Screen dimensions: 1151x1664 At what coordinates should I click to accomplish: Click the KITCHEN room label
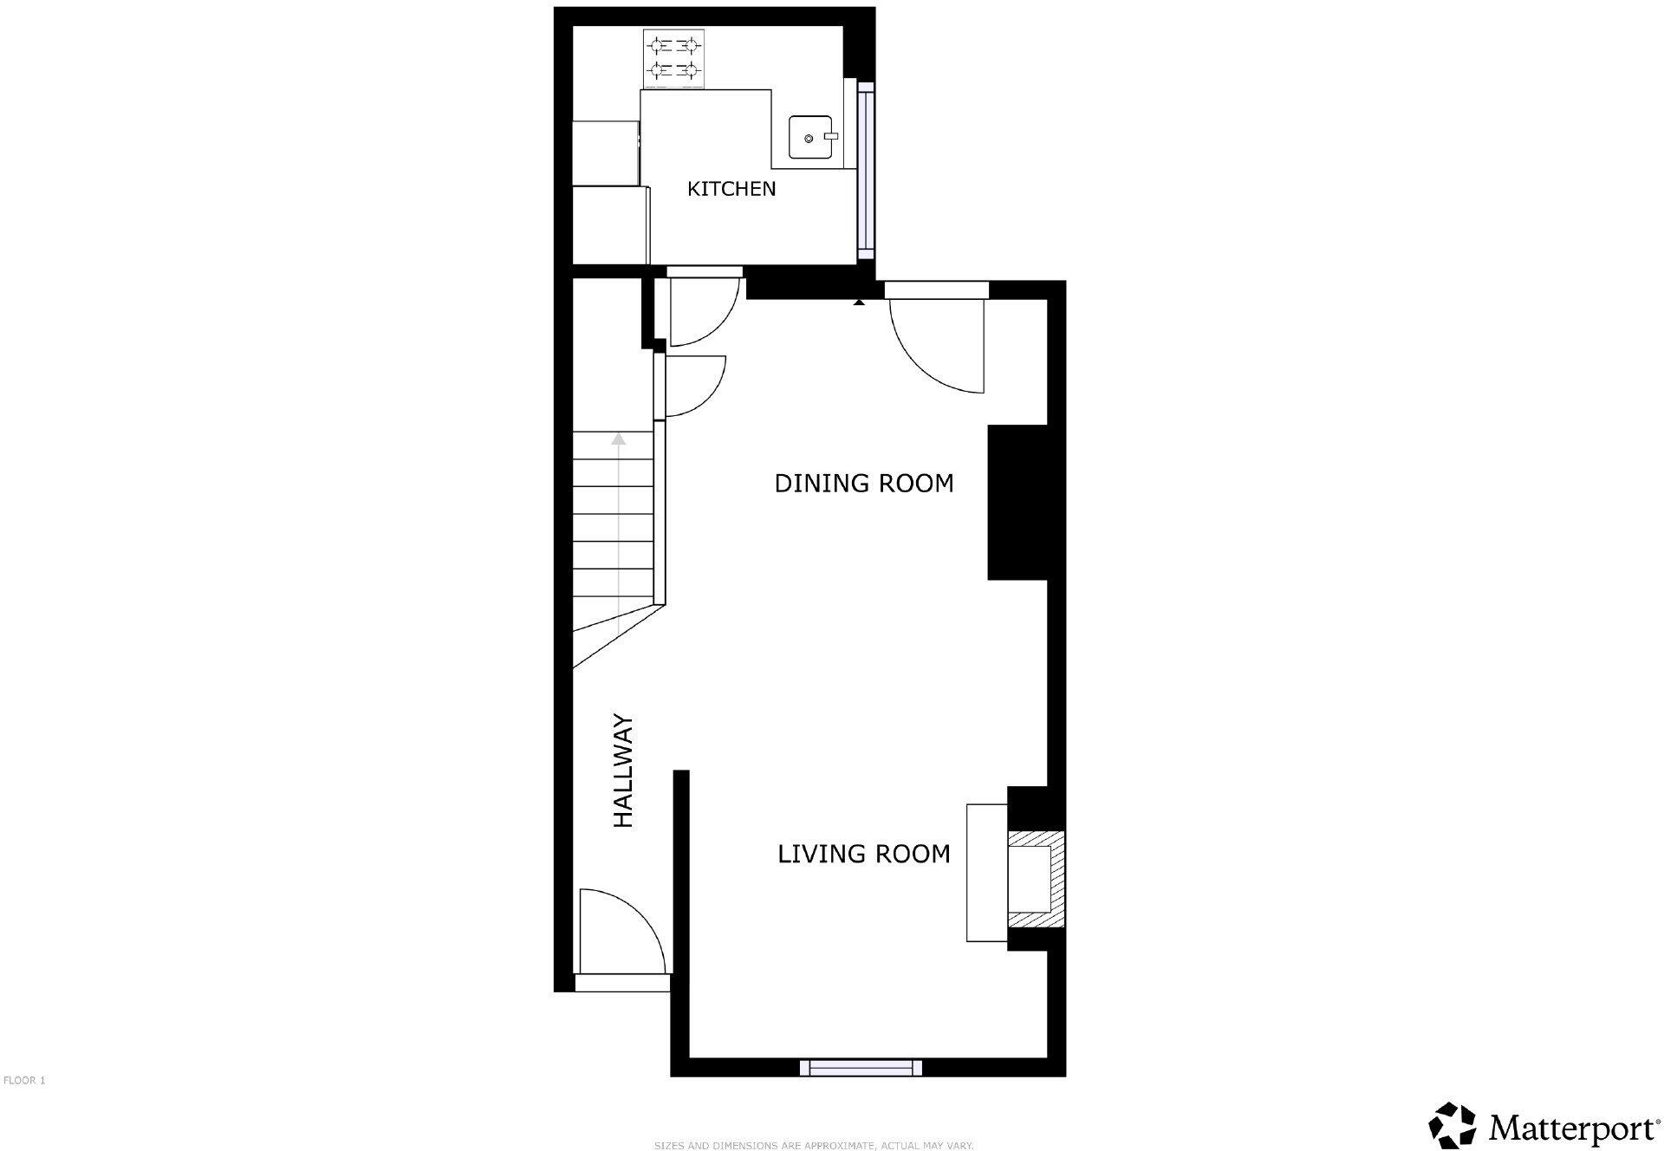pyautogui.click(x=731, y=189)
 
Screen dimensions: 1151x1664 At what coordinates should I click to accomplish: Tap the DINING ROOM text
pyautogui.click(x=863, y=484)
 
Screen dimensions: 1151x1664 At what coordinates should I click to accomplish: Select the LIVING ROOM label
pyautogui.click(x=863, y=855)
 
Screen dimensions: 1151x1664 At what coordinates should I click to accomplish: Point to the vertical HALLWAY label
pyautogui.click(x=624, y=771)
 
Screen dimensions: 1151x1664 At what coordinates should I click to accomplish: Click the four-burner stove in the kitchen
pyautogui.click(x=673, y=59)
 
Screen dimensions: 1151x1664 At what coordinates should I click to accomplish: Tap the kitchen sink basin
pyautogui.click(x=809, y=138)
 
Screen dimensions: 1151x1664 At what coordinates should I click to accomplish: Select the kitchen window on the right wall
pyautogui.click(x=866, y=168)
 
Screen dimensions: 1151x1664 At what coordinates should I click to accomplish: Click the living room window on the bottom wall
pyautogui.click(x=860, y=1068)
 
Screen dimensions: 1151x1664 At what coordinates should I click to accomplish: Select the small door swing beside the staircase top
pyautogui.click(x=694, y=386)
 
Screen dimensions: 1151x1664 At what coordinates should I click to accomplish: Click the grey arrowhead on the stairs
pyautogui.click(x=618, y=439)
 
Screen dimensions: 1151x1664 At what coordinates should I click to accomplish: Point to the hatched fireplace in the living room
pyautogui.click(x=1037, y=881)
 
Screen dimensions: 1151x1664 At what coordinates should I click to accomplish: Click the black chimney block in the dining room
pyautogui.click(x=1017, y=502)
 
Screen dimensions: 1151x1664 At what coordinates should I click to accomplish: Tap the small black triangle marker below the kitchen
pyautogui.click(x=859, y=302)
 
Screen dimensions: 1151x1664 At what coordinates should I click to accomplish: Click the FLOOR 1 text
pyautogui.click(x=24, y=1081)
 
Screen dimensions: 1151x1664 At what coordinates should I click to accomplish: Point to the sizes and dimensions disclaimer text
pyautogui.click(x=814, y=1146)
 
